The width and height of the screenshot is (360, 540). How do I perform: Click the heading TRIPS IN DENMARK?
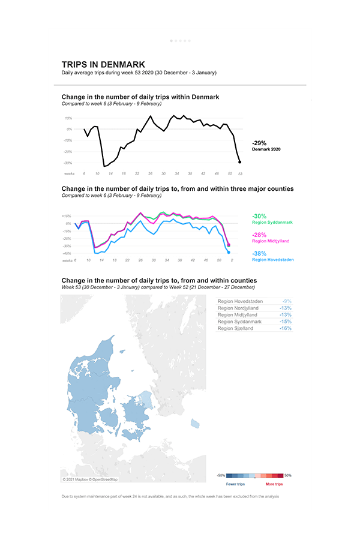[x=103, y=64]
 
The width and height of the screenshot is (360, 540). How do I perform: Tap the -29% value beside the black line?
[x=259, y=143]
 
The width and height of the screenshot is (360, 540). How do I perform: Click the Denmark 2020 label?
[x=266, y=149]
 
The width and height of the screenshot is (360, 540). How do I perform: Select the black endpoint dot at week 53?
[x=240, y=162]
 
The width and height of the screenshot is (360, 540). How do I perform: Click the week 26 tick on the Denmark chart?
[x=150, y=173]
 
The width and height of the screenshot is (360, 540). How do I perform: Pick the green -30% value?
[x=259, y=216]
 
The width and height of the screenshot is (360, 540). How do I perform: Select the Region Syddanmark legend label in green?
[x=272, y=223]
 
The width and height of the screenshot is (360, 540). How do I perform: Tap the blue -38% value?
[x=259, y=253]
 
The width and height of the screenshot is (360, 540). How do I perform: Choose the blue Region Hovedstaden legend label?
[x=273, y=260]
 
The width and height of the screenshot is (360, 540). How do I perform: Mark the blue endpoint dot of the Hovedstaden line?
[x=229, y=252]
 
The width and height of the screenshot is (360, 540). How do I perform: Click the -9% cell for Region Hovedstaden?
[x=287, y=301]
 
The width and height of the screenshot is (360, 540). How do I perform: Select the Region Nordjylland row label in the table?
[x=238, y=308]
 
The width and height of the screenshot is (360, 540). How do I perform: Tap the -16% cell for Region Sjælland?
[x=286, y=329]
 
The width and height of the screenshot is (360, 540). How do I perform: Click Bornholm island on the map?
[x=194, y=424]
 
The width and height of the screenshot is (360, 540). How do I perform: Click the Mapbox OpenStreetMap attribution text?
[x=91, y=479]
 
